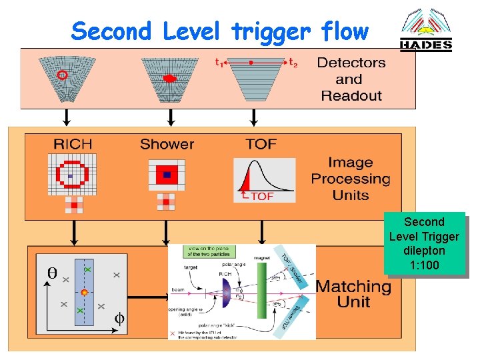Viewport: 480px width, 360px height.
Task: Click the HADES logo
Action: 425,32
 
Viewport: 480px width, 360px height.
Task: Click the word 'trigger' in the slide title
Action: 273,31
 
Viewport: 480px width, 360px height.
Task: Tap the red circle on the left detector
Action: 62,75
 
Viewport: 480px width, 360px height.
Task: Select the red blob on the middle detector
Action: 169,78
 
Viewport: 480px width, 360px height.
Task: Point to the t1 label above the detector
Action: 218,62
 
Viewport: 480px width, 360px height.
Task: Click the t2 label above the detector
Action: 293,62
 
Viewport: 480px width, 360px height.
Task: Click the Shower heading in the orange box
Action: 167,144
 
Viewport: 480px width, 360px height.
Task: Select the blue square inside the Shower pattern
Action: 167,175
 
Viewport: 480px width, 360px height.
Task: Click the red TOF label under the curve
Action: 260,196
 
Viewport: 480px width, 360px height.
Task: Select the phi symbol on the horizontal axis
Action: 119,319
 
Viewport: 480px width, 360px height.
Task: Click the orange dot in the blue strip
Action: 84,293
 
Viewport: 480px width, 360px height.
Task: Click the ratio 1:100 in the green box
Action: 424,265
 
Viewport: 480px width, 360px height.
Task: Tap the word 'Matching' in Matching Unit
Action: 353,287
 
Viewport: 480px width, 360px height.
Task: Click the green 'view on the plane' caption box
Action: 209,251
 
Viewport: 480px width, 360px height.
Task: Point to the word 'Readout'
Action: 351,95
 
